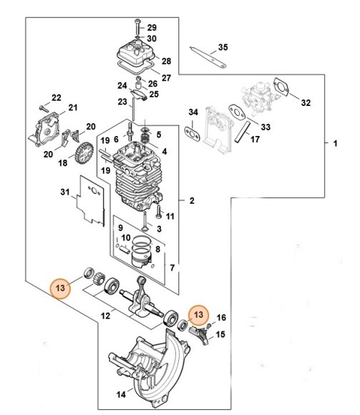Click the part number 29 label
pyautogui.click(x=152, y=27)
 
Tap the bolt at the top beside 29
pyautogui.click(x=137, y=26)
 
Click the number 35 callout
pyautogui.click(x=223, y=47)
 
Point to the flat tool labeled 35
pyautogui.click(x=208, y=57)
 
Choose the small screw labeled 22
pyautogui.click(x=44, y=108)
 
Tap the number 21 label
pyautogui.click(x=73, y=107)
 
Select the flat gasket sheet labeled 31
pyautogui.click(x=90, y=201)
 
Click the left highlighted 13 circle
pyautogui.click(x=60, y=288)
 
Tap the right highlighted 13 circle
pyautogui.click(x=198, y=315)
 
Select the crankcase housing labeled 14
pyautogui.click(x=149, y=368)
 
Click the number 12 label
pyautogui.click(x=106, y=316)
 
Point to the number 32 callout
pyautogui.click(x=306, y=102)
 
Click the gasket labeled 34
pyautogui.click(x=193, y=134)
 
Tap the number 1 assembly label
pyautogui.click(x=335, y=144)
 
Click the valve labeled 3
pyautogui.click(x=145, y=222)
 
